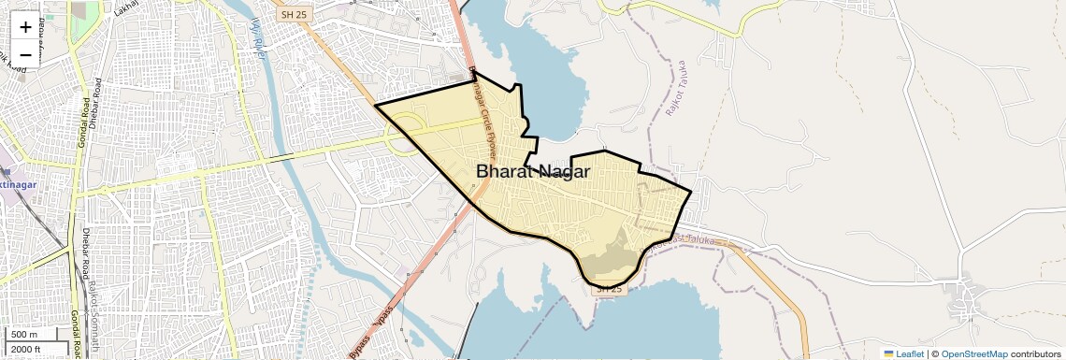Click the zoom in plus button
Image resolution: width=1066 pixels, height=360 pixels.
[25, 28]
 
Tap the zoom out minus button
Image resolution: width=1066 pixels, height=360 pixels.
[25, 54]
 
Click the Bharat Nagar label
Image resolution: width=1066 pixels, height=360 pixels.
[533, 171]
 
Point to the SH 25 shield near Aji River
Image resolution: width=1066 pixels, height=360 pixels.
[291, 14]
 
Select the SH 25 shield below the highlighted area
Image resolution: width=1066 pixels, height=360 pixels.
[608, 289]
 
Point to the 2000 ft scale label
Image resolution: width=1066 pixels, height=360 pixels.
[26, 349]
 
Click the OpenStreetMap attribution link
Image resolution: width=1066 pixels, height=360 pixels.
[973, 353]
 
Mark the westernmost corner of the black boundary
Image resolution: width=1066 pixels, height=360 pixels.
[375, 105]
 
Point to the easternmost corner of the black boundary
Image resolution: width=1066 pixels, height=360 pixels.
[691, 194]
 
